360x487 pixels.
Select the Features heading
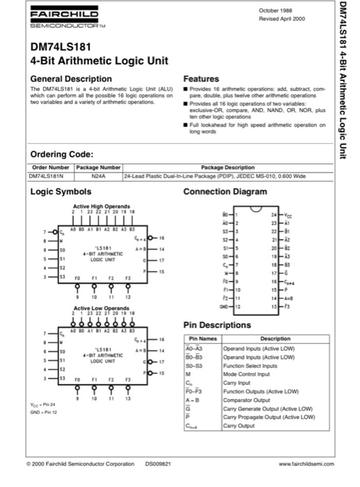(x=201, y=79)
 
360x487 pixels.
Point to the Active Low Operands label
(x=101, y=307)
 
